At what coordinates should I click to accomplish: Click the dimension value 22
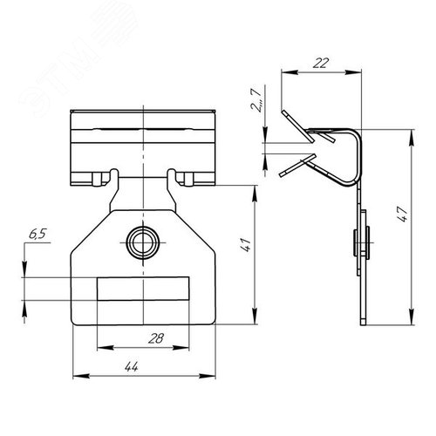pyautogui.click(x=321, y=63)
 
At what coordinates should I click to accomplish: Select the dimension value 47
pyautogui.click(x=403, y=215)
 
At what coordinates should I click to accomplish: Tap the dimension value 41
pyautogui.click(x=246, y=245)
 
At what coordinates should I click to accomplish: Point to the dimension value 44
pyautogui.click(x=132, y=367)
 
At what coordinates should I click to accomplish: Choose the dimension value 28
pyautogui.click(x=156, y=338)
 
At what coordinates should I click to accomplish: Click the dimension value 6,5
pyautogui.click(x=37, y=234)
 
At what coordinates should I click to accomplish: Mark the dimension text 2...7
pyautogui.click(x=256, y=99)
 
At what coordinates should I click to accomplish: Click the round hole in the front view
pyautogui.click(x=143, y=242)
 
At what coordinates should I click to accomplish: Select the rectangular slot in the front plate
pyautogui.click(x=143, y=289)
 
